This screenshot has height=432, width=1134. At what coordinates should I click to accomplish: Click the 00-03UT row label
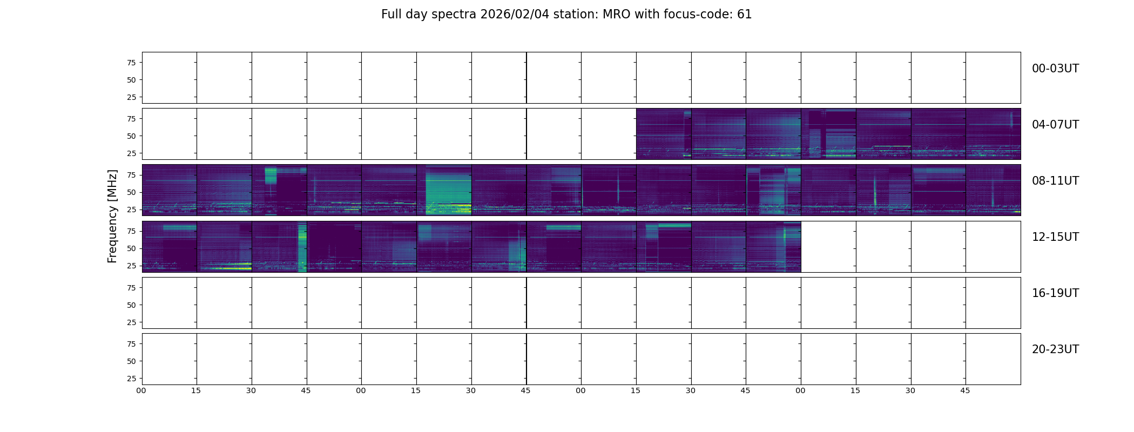pyautogui.click(x=1055, y=69)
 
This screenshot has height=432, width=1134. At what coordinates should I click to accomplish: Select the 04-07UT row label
pyautogui.click(x=1055, y=125)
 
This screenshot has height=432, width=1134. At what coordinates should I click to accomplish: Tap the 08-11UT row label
pyautogui.click(x=1055, y=181)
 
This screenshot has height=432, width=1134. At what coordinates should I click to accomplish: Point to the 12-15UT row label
pyautogui.click(x=1055, y=237)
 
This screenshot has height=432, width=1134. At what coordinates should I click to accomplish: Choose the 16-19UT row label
pyautogui.click(x=1055, y=293)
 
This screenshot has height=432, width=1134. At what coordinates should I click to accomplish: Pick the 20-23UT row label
pyautogui.click(x=1055, y=349)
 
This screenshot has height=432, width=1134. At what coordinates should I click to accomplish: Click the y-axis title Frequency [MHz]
pyautogui.click(x=112, y=216)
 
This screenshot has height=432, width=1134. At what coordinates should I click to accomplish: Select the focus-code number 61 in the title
pyautogui.click(x=745, y=15)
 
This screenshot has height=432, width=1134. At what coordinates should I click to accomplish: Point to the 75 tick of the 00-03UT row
pyautogui.click(x=131, y=63)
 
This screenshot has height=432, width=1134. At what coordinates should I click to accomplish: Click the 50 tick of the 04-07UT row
pyautogui.click(x=131, y=136)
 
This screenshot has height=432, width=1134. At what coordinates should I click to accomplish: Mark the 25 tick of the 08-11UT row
pyautogui.click(x=131, y=210)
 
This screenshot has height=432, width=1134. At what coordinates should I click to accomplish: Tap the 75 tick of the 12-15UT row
pyautogui.click(x=131, y=231)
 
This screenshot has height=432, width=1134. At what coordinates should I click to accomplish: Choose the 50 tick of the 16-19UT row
pyautogui.click(x=131, y=305)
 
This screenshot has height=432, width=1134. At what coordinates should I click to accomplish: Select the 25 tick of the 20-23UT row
pyautogui.click(x=131, y=379)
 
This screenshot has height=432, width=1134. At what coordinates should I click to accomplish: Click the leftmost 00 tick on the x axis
pyautogui.click(x=141, y=390)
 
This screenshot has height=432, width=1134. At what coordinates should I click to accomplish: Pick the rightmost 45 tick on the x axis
pyautogui.click(x=965, y=390)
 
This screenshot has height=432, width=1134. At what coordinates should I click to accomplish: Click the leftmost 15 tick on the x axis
pyautogui.click(x=196, y=390)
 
